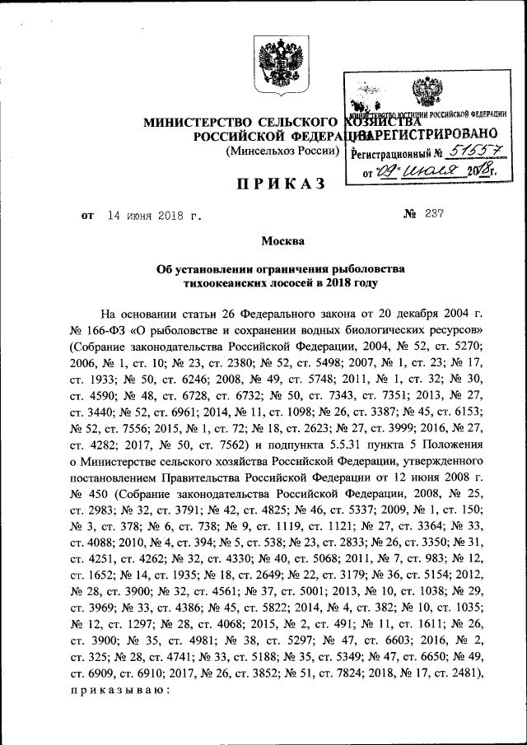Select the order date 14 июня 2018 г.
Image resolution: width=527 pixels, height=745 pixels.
point(154,216)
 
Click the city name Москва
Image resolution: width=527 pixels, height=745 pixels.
point(282,241)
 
